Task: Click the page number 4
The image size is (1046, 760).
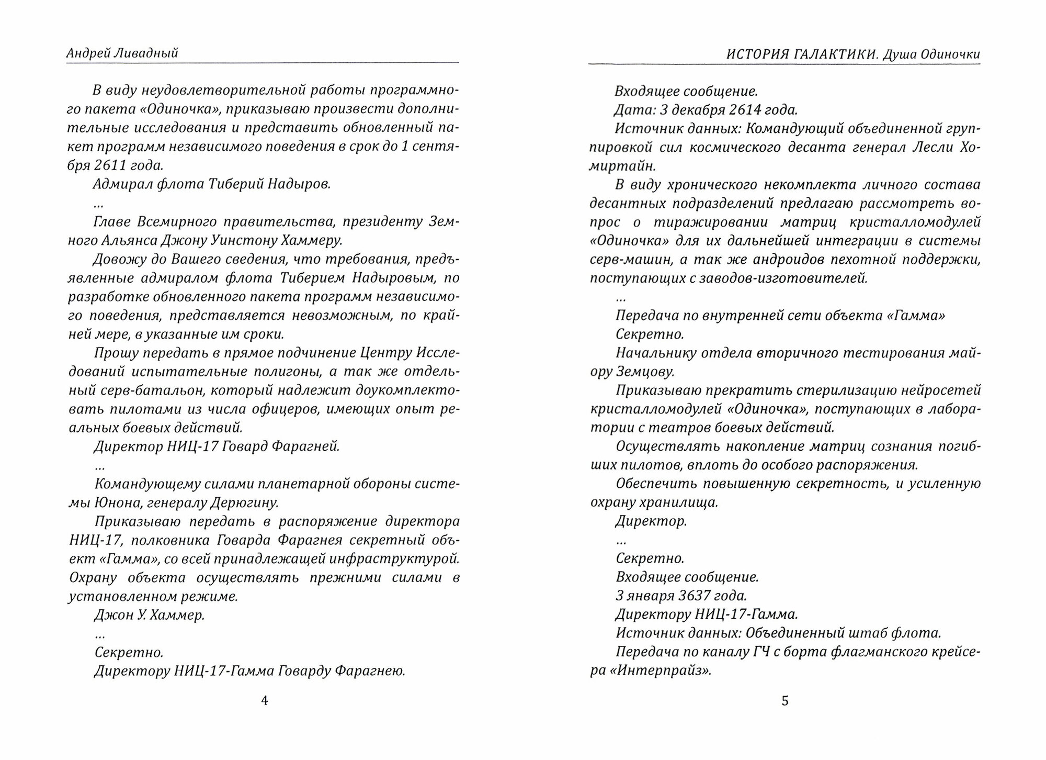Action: click(264, 701)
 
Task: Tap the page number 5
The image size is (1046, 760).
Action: click(784, 701)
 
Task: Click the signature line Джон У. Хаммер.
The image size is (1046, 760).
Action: click(149, 615)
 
